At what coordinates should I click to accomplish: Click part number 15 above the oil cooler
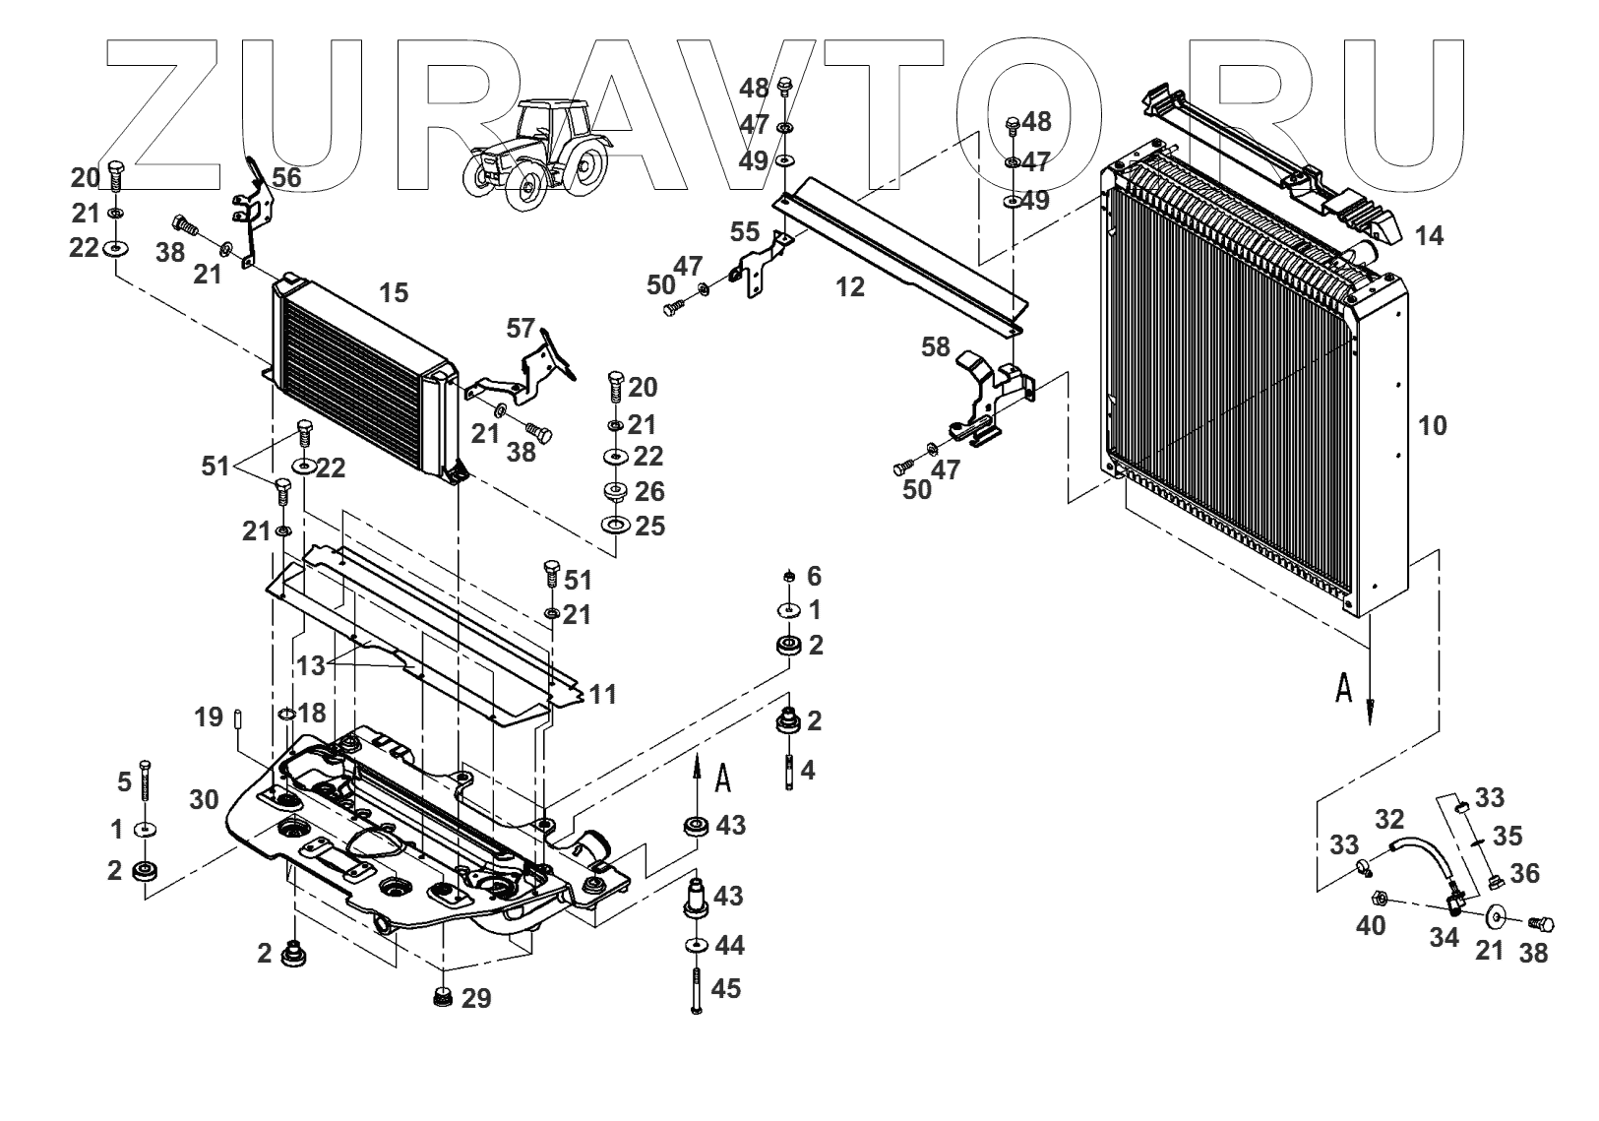pos(393,293)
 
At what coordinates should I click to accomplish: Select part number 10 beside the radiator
pos(1433,426)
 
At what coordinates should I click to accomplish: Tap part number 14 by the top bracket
pos(1429,236)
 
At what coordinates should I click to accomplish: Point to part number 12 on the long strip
pos(850,287)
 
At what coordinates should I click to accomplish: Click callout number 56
pos(286,177)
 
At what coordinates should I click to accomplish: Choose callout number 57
pos(523,327)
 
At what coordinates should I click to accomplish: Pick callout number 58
pos(936,346)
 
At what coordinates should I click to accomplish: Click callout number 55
pos(745,232)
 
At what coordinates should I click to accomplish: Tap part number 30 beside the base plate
pos(204,800)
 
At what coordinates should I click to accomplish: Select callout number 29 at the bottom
pos(476,999)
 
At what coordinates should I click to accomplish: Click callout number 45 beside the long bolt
pos(726,988)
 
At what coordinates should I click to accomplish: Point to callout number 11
pos(602,695)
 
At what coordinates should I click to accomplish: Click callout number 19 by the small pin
pos(209,719)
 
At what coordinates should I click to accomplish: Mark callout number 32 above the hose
pos(1389,819)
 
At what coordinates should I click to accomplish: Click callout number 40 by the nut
pos(1371,925)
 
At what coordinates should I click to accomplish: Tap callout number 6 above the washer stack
pos(814,577)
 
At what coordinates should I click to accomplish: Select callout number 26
pos(649,491)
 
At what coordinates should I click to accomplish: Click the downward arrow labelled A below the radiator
pos(1369,700)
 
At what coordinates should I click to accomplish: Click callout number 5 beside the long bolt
pos(124,782)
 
